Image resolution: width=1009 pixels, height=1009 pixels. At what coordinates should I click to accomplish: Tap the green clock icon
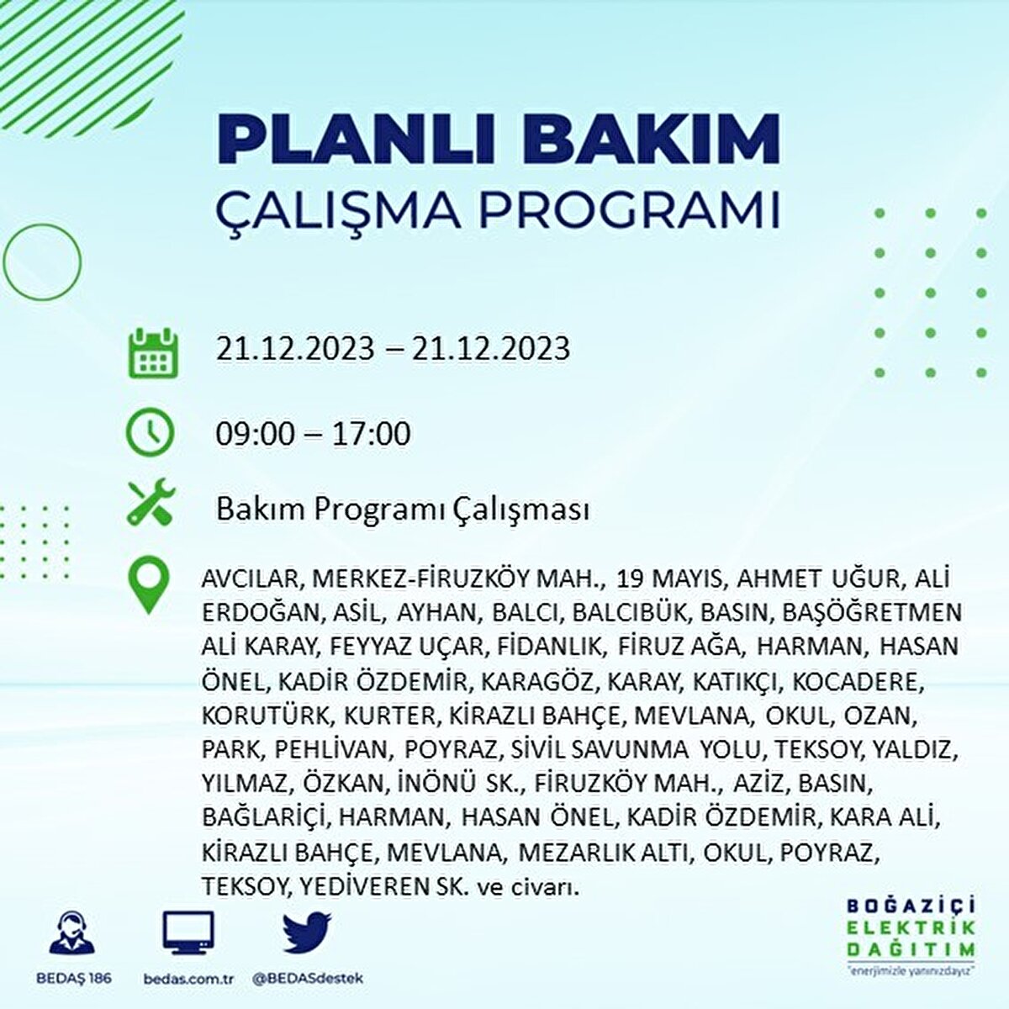[150, 432]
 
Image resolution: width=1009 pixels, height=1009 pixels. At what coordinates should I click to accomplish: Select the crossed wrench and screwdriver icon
[151, 501]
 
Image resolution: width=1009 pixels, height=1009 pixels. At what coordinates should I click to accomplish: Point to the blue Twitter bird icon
[308, 932]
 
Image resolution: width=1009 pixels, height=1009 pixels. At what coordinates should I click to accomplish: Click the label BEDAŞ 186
[74, 978]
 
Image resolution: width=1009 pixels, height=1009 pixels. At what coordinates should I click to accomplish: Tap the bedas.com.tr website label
[188, 979]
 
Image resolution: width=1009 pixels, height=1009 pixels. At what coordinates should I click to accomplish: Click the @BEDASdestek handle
[308, 978]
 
